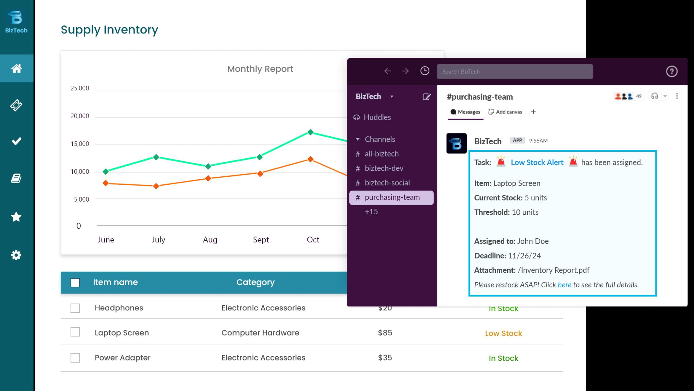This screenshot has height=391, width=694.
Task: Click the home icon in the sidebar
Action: [x=16, y=68]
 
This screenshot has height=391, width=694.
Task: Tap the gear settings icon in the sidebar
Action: [x=16, y=255]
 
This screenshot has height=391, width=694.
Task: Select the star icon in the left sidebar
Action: [x=16, y=217]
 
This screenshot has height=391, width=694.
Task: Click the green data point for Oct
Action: [x=310, y=132]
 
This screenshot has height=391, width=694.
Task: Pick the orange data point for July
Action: [x=156, y=186]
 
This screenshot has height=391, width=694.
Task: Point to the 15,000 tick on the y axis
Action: [x=80, y=144]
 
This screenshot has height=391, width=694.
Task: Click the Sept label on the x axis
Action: [x=261, y=240]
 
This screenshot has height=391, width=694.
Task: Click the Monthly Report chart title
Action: [x=260, y=69]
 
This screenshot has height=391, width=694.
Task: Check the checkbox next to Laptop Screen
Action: [x=75, y=332]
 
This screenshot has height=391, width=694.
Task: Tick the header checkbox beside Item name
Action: [x=75, y=283]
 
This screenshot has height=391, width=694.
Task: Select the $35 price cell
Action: [x=385, y=358]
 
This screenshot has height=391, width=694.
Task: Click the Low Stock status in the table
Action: [x=503, y=333]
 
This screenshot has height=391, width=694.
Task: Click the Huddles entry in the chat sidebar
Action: [x=377, y=117]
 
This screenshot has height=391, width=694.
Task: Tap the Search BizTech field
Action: [x=515, y=71]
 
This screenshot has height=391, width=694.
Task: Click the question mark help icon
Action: [x=672, y=71]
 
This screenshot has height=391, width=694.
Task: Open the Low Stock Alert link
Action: [x=537, y=162]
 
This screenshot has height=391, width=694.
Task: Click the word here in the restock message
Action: [x=564, y=285]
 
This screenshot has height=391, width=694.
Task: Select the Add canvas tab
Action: [x=506, y=112]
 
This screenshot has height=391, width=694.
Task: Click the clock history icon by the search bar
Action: [x=425, y=71]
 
